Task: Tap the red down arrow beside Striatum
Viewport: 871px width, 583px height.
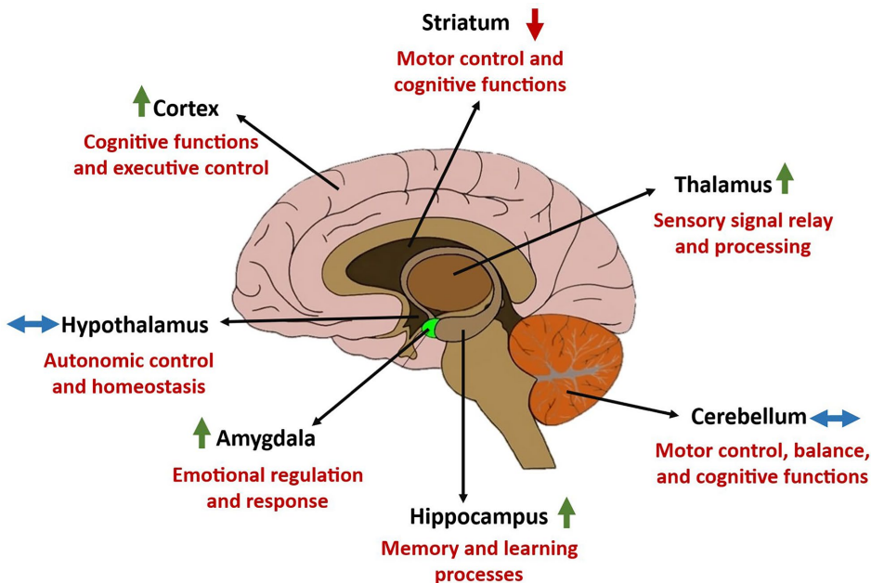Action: click(534, 22)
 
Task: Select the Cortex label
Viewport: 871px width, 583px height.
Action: click(186, 109)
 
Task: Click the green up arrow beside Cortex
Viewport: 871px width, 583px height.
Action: click(141, 100)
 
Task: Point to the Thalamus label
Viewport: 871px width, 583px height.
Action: click(723, 185)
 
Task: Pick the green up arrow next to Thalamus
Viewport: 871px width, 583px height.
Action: click(786, 177)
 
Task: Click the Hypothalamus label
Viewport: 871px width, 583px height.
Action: click(135, 325)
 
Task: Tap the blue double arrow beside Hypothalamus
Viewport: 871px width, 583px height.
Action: click(32, 324)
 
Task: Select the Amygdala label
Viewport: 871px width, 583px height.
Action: click(266, 438)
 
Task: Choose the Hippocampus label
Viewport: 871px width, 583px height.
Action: click(479, 517)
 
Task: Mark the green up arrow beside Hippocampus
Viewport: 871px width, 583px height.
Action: click(566, 512)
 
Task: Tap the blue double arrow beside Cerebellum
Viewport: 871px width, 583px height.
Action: click(835, 419)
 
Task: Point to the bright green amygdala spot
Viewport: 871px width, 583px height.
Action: click(430, 328)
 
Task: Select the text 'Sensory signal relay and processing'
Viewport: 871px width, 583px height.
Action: click(743, 234)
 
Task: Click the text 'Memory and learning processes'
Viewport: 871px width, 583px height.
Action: click(478, 561)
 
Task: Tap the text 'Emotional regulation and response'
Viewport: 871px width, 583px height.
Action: click(267, 488)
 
